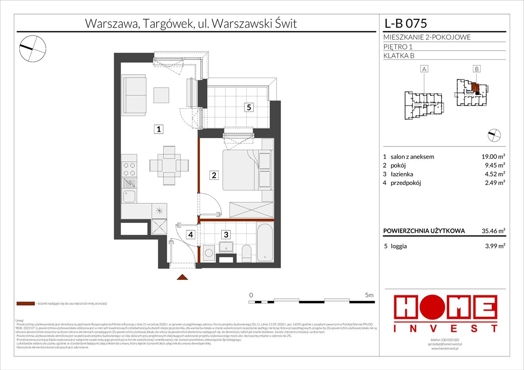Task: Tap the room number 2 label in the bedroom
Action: pos(214,175)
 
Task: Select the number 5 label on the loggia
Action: pos(248,107)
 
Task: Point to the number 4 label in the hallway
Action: pos(191,235)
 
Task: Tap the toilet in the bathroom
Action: pos(246,251)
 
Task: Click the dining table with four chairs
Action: pos(169,165)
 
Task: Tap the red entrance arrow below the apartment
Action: pos(182,277)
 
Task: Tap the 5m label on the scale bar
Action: pos(369,294)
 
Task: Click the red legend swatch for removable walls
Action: pos(25,304)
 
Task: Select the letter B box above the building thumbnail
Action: pos(476,69)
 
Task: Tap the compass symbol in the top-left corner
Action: pos(32,47)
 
